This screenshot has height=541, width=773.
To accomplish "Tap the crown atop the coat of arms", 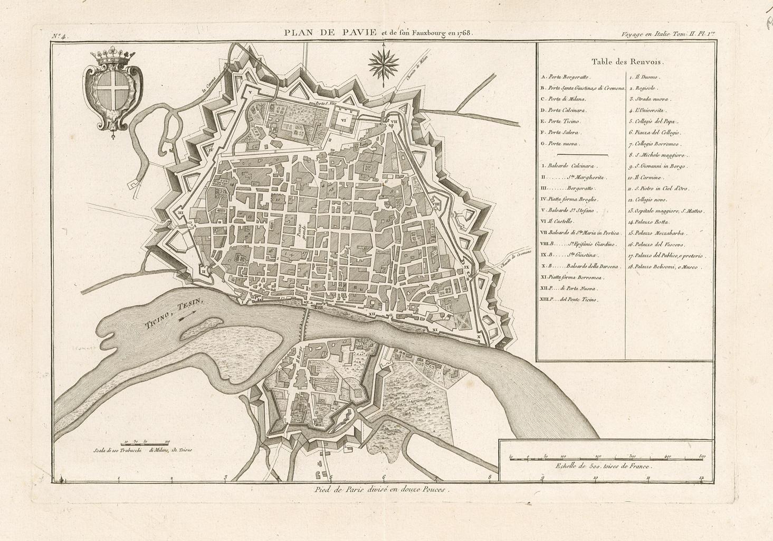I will tap(112, 57).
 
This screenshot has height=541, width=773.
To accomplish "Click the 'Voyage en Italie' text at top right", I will tap(645, 34).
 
